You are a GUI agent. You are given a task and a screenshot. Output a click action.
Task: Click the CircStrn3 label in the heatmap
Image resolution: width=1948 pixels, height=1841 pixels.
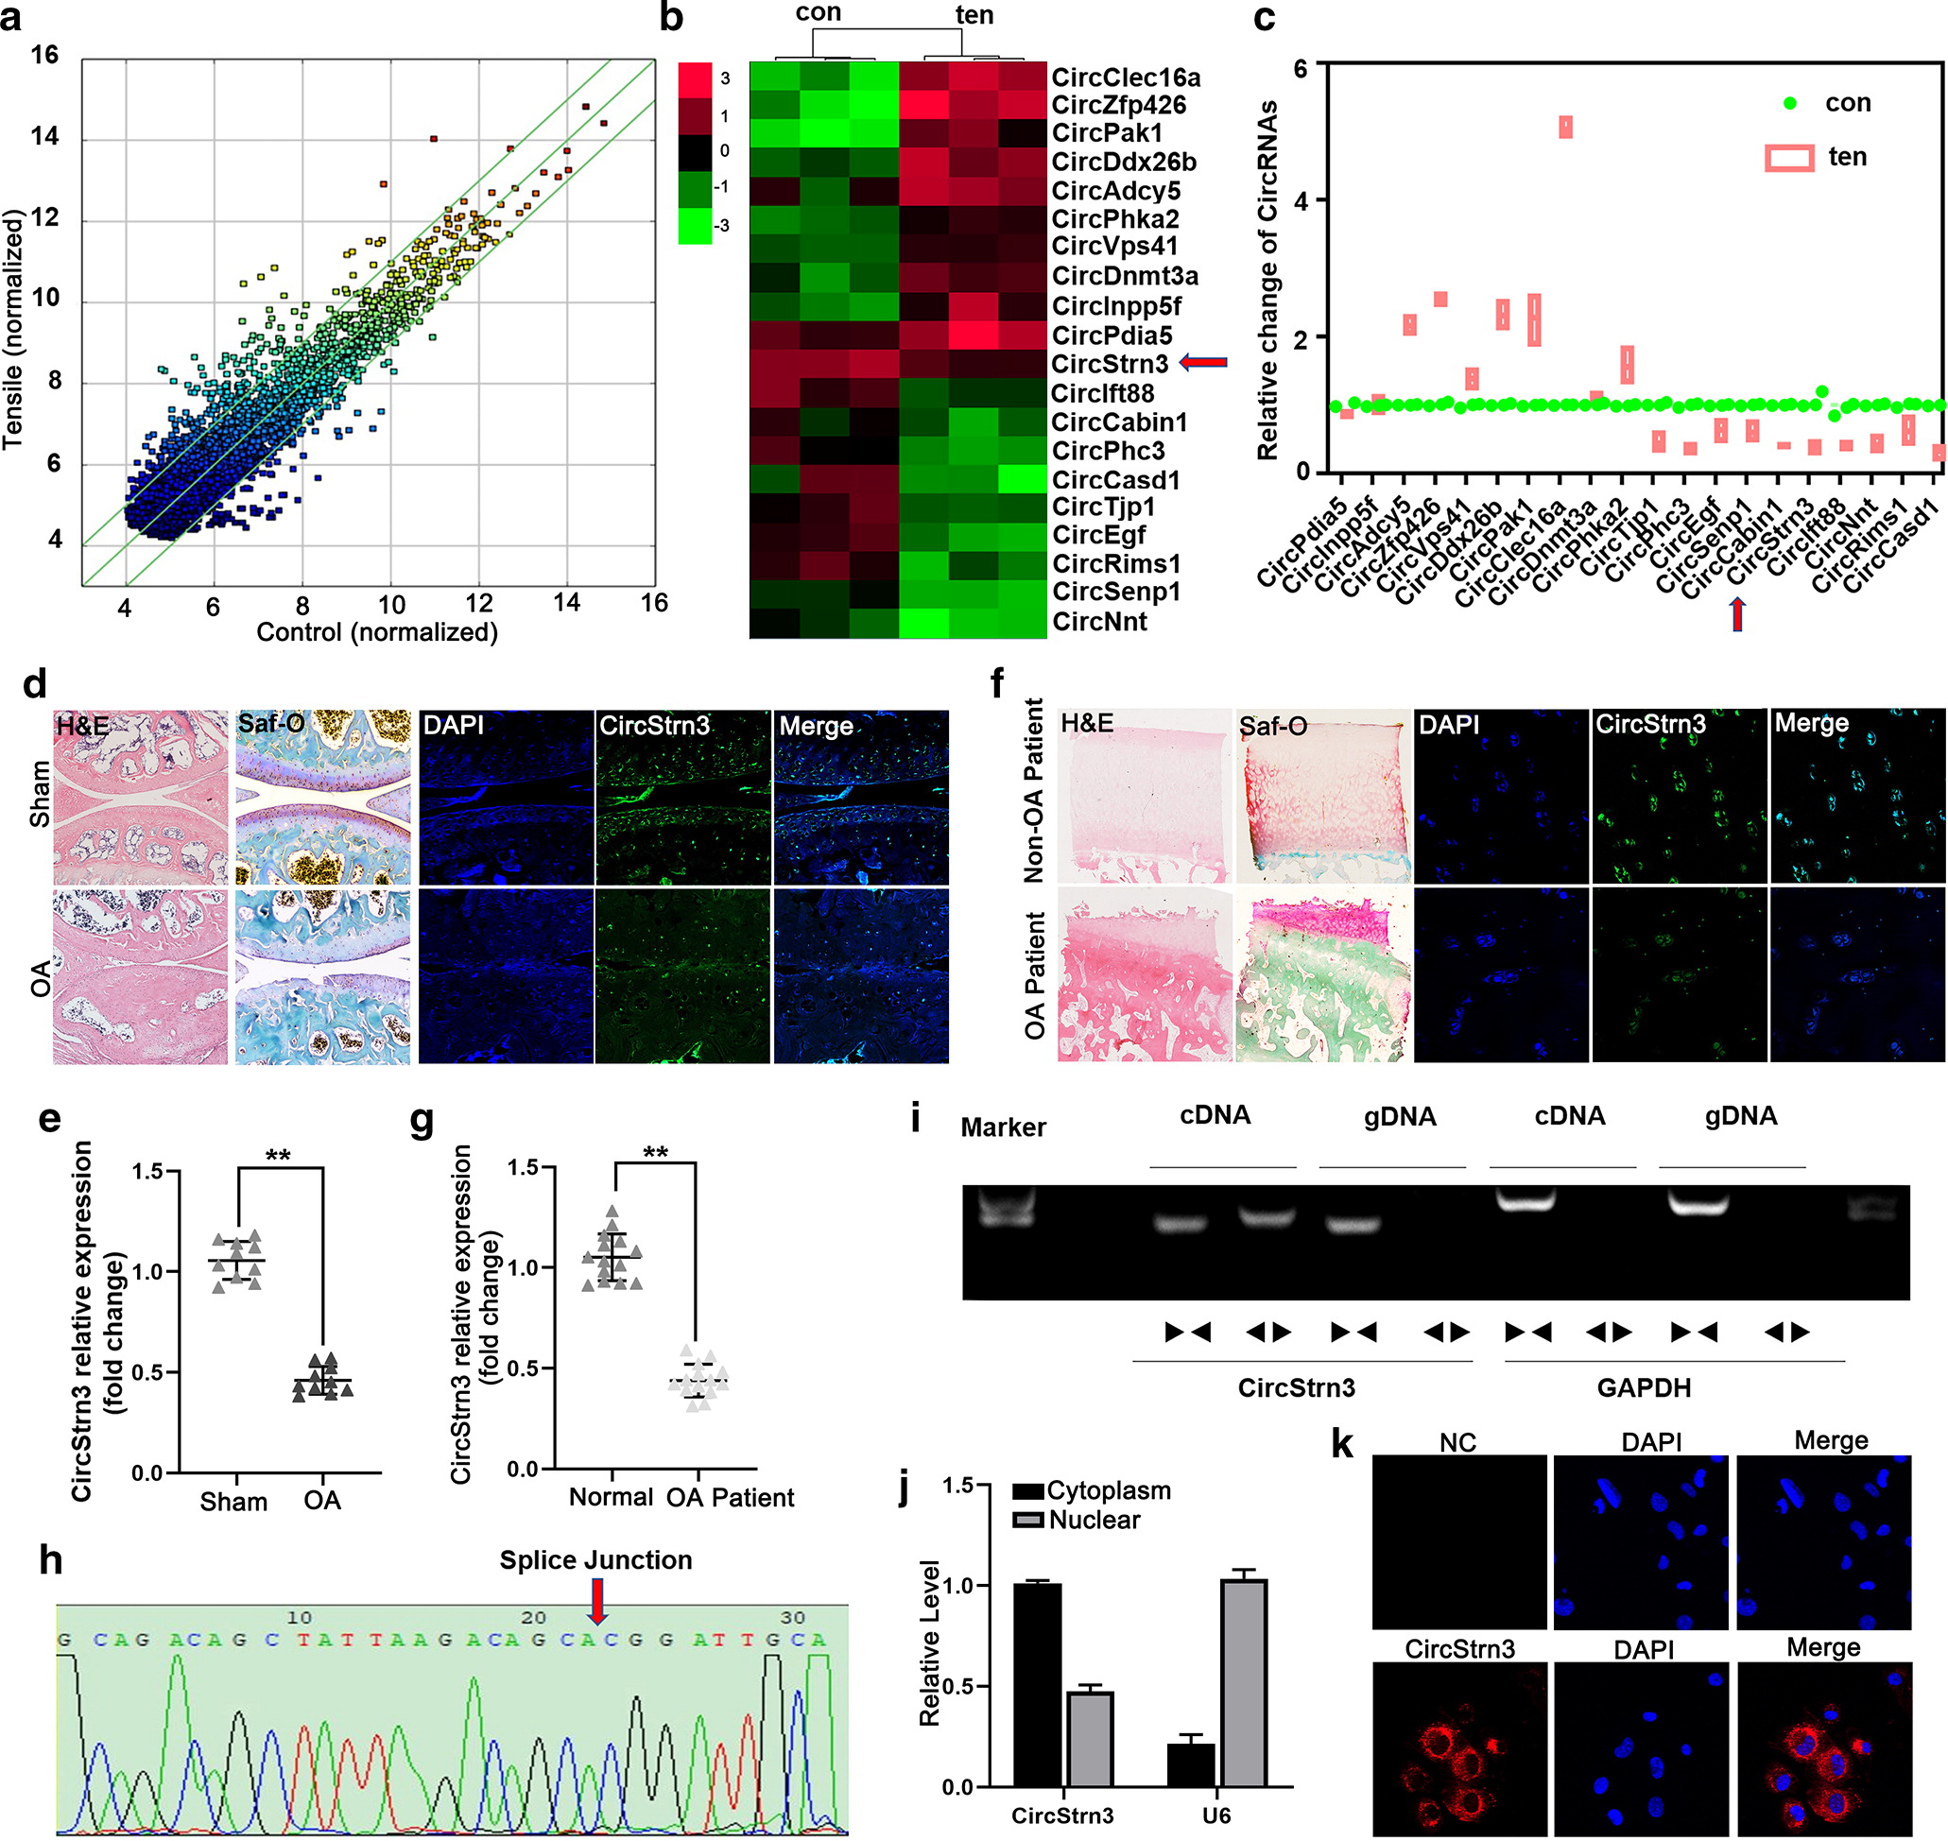click(1109, 364)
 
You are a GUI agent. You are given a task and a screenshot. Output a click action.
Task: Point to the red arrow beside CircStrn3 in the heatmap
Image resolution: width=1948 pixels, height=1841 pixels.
click(1202, 363)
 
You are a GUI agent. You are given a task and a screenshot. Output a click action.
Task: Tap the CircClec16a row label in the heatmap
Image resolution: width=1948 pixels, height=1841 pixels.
click(1126, 77)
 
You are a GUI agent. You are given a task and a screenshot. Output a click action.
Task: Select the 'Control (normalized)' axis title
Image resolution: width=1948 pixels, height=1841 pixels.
click(377, 632)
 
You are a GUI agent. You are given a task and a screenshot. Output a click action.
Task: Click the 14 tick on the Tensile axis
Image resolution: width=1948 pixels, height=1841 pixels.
click(44, 136)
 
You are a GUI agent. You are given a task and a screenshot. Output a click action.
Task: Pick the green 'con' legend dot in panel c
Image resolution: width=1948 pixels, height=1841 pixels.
click(1790, 103)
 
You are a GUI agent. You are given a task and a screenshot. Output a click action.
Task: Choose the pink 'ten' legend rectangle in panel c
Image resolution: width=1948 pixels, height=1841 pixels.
click(1788, 158)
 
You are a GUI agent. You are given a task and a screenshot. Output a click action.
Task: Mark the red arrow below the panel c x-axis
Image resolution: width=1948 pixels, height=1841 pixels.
click(1737, 614)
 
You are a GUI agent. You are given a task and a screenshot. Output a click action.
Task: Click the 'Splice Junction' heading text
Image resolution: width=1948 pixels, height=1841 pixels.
click(595, 1560)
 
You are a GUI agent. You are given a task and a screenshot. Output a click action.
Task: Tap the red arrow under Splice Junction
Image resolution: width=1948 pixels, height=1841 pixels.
click(596, 1600)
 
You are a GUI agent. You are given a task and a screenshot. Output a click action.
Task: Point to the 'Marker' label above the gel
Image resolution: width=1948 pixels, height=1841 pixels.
click(1003, 1127)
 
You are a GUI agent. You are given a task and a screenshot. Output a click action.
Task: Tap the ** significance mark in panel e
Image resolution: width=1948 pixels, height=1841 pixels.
click(278, 1155)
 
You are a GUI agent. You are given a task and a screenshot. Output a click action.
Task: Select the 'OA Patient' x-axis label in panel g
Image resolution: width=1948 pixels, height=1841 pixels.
click(730, 1498)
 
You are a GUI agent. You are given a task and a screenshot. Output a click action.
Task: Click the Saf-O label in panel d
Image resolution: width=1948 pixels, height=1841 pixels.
click(271, 724)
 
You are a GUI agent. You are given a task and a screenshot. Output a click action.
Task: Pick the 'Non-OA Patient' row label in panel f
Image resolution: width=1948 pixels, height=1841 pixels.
click(1033, 790)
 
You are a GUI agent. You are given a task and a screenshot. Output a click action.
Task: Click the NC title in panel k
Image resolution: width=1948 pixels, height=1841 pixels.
click(1457, 1442)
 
